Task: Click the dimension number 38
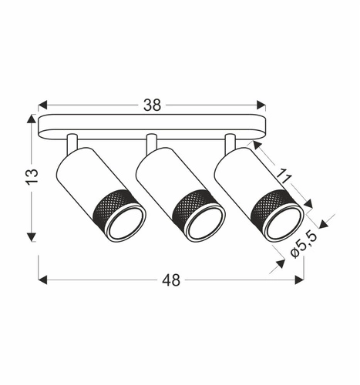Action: (x=153, y=105)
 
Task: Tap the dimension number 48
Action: (x=171, y=280)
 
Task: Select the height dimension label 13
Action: (x=32, y=176)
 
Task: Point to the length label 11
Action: (x=284, y=176)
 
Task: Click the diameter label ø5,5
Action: (x=304, y=246)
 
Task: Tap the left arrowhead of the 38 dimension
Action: (x=43, y=105)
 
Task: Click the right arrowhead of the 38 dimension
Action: (x=261, y=105)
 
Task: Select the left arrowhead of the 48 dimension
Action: (x=43, y=280)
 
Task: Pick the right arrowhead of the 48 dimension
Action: (x=299, y=280)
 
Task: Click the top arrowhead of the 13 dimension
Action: (x=32, y=119)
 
